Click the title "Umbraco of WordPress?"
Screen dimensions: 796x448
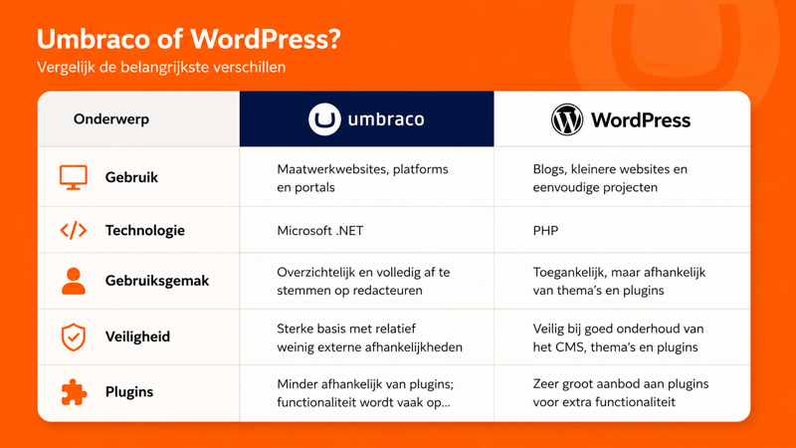pos(188,40)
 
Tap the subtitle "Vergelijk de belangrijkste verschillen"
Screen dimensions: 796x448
pos(161,67)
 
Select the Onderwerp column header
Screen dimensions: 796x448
pos(111,119)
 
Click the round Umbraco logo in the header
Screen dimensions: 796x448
pos(324,119)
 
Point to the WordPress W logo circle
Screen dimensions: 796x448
pos(567,119)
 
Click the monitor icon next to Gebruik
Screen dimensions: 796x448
pos(73,177)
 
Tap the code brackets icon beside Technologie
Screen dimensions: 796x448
pos(73,230)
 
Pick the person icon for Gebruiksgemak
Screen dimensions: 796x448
pos(73,281)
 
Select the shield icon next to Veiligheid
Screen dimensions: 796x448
pos(73,336)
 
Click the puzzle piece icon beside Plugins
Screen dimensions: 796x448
pos(74,392)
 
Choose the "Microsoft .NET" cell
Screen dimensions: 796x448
pos(320,231)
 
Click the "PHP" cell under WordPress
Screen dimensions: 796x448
pos(545,231)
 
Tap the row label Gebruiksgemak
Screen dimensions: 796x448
pos(157,281)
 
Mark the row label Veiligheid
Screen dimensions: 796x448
pos(137,336)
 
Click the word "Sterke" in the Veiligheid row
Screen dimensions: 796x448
pos(295,329)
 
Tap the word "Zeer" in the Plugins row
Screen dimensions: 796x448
pos(545,384)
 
